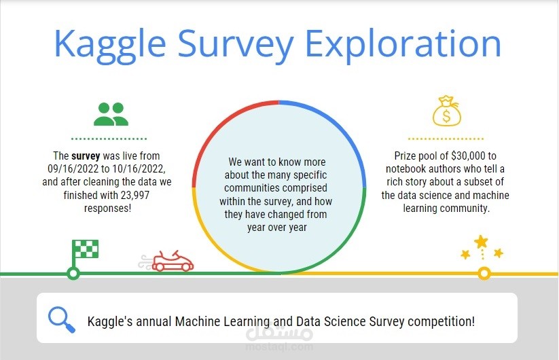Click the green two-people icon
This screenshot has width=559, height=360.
point(111,114)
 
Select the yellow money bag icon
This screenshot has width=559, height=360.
point(446,111)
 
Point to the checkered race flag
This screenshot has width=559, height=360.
point(85,249)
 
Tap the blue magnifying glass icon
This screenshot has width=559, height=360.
point(62,319)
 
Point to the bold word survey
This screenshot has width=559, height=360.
point(86,156)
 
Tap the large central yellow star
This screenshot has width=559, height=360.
point(481,241)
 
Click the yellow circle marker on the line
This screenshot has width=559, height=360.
point(484,273)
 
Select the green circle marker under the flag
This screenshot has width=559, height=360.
point(73,273)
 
